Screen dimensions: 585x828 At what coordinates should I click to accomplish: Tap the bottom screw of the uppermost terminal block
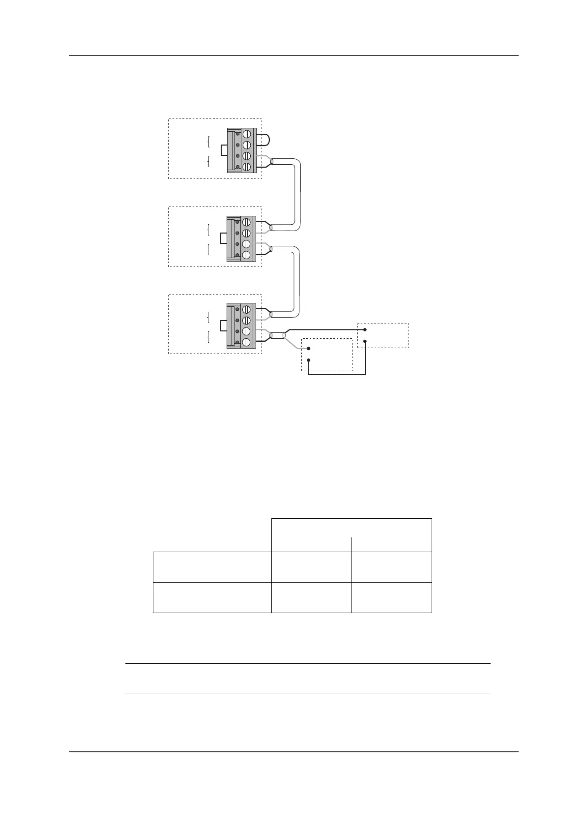247,167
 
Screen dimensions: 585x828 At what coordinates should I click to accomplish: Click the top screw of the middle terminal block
247,222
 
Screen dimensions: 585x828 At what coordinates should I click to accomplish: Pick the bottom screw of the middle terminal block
247,255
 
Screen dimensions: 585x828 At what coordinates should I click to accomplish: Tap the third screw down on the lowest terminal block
247,331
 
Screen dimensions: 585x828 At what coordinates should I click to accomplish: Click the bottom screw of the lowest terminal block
247,342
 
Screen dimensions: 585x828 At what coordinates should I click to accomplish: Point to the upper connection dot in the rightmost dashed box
365,330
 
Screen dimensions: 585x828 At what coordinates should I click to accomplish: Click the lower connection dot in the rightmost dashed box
365,341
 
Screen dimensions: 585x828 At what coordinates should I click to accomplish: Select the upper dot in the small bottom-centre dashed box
308,349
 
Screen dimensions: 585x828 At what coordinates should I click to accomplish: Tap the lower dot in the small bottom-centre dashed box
308,360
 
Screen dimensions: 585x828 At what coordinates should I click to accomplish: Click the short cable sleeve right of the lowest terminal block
278,336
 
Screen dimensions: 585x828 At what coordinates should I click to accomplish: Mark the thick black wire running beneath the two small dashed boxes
337,375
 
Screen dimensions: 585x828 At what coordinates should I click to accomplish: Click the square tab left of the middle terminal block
222,238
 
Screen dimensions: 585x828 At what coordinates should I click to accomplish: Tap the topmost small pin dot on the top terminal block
237,134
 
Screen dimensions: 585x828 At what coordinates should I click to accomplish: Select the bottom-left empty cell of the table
212,597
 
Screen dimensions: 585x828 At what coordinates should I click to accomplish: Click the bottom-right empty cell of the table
392,597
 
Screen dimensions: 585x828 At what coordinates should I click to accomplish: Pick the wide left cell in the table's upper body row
212,567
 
